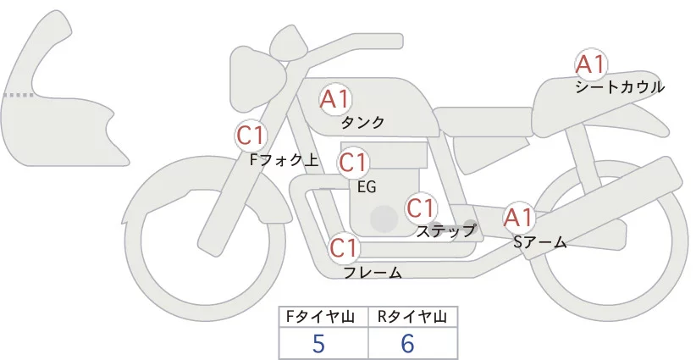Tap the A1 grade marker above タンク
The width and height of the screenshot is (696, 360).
point(335,99)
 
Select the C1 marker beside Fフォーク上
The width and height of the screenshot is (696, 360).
point(251,135)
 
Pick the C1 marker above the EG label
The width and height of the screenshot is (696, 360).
point(354,163)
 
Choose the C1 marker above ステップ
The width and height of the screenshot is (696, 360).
point(421,208)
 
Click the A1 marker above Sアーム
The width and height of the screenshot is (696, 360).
point(517,218)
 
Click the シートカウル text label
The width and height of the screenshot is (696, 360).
point(619,86)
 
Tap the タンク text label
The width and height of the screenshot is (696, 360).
point(362,123)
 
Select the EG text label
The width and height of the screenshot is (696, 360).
point(367,186)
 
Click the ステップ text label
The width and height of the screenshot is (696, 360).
point(446,230)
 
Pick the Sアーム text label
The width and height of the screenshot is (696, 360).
point(539,242)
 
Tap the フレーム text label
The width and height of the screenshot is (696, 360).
point(373,273)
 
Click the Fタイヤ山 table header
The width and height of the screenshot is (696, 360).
point(323,317)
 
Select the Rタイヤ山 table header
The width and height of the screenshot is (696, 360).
point(412,317)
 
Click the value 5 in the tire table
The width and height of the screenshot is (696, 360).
point(318,344)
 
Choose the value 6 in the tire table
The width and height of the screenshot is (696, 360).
point(408,344)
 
